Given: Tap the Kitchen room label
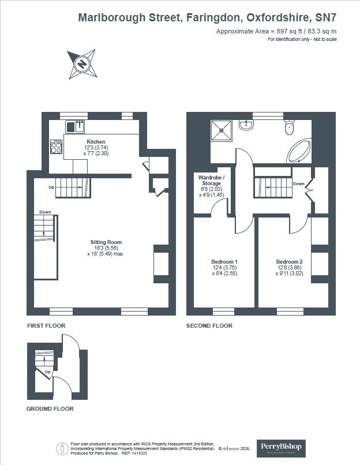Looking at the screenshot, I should [96, 141].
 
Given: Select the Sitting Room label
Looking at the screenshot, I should [106, 242].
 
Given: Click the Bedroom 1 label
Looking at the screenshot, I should [224, 261].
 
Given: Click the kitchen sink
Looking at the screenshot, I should [76, 126].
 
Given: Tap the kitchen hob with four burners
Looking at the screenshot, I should [57, 147].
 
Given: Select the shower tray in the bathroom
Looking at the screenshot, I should [223, 130].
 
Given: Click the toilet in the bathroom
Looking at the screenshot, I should [290, 127].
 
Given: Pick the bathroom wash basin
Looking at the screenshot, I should [246, 124].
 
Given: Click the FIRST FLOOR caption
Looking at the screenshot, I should [46, 326].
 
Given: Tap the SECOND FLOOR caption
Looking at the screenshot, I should [209, 326].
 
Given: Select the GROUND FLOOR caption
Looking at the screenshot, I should [50, 408].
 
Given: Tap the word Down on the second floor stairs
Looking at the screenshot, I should [298, 184].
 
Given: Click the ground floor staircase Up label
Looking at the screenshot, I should [47, 373].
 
